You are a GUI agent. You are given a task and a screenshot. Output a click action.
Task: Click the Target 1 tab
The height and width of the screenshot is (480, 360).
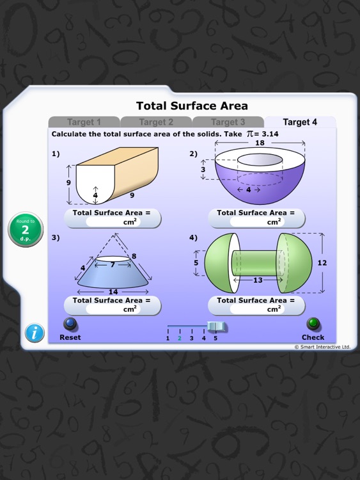pyautogui.click(x=84, y=122)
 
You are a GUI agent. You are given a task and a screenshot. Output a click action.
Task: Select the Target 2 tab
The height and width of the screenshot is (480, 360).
pyautogui.click(x=156, y=122)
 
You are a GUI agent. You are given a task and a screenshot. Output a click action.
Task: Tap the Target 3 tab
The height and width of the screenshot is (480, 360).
pyautogui.click(x=228, y=122)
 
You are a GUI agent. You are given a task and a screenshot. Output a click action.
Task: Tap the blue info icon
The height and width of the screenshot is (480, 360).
pyautogui.click(x=35, y=333)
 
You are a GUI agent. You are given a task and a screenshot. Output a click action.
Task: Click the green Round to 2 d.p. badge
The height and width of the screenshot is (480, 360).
pyautogui.click(x=25, y=230)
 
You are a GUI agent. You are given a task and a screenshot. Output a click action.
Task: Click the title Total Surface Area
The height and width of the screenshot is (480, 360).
pyautogui.click(x=192, y=106)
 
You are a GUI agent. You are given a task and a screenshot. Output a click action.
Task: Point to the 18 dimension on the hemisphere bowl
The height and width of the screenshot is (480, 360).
pyautogui.click(x=259, y=143)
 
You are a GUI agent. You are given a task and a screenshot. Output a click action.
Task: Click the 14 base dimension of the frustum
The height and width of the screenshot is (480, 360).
pyautogui.click(x=113, y=292)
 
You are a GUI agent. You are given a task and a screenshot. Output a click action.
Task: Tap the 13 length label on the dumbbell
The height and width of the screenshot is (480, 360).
pyautogui.click(x=257, y=280)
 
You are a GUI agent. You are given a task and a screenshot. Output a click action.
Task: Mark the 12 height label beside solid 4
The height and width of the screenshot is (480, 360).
pyautogui.click(x=322, y=262)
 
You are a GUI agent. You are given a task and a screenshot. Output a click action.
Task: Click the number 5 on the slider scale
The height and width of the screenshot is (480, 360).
pyautogui.click(x=215, y=338)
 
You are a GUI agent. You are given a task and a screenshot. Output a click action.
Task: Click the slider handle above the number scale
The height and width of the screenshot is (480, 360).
pyautogui.click(x=214, y=327)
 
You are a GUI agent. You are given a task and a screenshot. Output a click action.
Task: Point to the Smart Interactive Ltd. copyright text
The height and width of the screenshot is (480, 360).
pyautogui.click(x=322, y=347)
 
